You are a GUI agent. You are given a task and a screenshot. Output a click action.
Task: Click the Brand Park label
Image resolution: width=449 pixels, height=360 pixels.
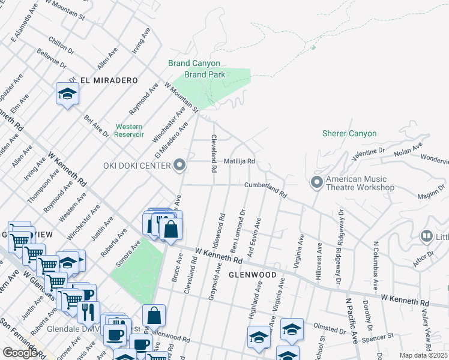[x=205, y=74]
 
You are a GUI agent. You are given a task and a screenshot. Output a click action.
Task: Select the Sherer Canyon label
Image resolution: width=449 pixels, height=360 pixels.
[x=349, y=133]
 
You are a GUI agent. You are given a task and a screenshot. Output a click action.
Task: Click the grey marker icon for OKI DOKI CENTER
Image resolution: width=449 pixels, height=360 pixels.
[x=179, y=166]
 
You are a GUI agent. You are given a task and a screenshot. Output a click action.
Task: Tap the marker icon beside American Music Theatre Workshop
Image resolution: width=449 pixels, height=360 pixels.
[x=317, y=181]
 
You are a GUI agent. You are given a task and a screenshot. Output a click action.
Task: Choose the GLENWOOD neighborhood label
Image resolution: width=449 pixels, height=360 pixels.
[x=252, y=275]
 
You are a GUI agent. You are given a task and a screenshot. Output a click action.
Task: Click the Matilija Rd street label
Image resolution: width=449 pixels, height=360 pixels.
[x=240, y=161]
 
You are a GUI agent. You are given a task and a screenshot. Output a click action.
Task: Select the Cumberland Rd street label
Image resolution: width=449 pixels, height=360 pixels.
[x=266, y=190]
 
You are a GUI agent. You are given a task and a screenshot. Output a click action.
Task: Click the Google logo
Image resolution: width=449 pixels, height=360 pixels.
[x=19, y=353]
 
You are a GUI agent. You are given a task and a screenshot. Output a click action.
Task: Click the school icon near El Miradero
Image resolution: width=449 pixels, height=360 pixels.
[x=67, y=94]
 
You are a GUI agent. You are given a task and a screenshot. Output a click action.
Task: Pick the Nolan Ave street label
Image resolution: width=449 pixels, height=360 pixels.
[x=409, y=149]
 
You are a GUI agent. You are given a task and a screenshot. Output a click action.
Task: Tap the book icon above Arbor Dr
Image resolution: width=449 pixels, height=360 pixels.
[x=427, y=236]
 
